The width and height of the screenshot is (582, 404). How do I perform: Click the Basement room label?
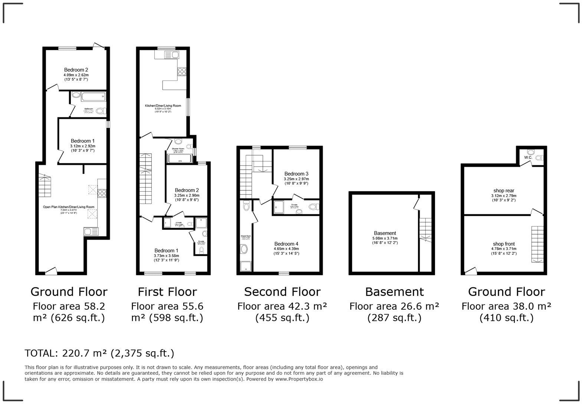[385, 233]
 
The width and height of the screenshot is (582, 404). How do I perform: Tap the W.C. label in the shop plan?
[528, 157]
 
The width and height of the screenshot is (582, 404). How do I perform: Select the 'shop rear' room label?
[504, 191]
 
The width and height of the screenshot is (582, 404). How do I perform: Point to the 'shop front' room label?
[504, 244]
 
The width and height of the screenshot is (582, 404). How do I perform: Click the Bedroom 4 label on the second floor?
[286, 244]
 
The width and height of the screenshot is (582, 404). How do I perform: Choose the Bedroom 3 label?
[296, 174]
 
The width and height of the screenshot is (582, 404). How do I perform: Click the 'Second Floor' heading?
[282, 292]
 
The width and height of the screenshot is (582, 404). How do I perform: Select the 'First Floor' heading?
[167, 292]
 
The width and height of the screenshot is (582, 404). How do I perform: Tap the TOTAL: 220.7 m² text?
[99, 353]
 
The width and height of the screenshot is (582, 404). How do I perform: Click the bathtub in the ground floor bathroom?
[93, 97]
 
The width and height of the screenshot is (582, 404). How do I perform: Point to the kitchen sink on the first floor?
[171, 55]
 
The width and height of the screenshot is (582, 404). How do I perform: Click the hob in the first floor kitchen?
[182, 71]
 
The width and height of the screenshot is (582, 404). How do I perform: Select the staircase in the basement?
[425, 230]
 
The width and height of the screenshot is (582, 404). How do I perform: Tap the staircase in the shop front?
[537, 244]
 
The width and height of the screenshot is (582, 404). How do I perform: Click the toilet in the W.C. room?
[530, 152]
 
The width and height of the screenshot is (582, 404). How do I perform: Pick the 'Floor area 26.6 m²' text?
[394, 306]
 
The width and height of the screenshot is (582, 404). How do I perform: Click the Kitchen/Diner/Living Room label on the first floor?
[163, 106]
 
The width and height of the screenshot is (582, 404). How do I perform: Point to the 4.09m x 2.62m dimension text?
[76, 75]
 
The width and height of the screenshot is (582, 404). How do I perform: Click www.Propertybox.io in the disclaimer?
[299, 379]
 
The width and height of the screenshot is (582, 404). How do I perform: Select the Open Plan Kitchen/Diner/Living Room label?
[69, 207]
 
